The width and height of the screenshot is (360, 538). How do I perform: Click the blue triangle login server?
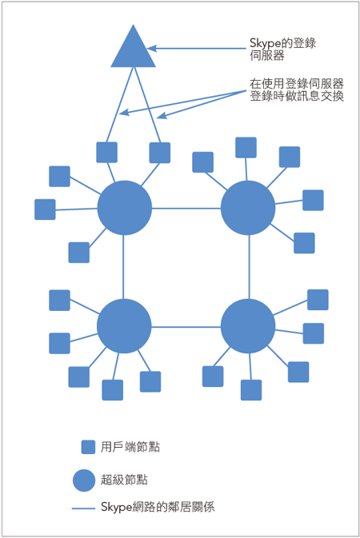click(x=133, y=51)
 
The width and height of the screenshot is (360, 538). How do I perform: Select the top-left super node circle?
click(x=124, y=208)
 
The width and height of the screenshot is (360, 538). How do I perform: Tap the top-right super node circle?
click(x=248, y=208)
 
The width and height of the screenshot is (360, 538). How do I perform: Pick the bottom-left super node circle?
click(x=124, y=326)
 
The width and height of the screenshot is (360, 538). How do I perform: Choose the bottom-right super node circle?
click(x=248, y=326)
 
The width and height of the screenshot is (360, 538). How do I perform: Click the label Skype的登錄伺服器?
click(x=282, y=49)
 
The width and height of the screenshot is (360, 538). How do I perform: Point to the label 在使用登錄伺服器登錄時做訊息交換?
click(x=297, y=90)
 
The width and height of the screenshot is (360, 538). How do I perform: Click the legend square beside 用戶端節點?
click(x=88, y=447)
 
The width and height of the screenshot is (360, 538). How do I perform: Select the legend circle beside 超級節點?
click(x=84, y=480)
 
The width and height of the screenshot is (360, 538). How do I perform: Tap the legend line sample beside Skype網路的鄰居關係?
click(x=83, y=508)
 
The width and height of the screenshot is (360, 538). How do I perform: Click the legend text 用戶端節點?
click(x=130, y=447)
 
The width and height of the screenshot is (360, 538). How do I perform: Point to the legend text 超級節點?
click(x=124, y=480)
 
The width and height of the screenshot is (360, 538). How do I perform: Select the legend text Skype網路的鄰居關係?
click(x=158, y=507)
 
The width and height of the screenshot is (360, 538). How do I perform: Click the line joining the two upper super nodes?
click(x=186, y=209)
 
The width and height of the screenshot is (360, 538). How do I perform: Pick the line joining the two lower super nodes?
click(x=186, y=327)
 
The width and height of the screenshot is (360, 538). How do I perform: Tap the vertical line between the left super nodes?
click(x=123, y=267)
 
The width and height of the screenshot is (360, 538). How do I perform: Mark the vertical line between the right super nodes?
click(x=249, y=267)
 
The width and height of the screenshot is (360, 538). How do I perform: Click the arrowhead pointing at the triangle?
click(x=151, y=49)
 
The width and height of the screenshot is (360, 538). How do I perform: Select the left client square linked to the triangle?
click(x=107, y=153)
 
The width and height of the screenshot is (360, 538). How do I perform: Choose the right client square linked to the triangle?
click(x=160, y=153)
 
